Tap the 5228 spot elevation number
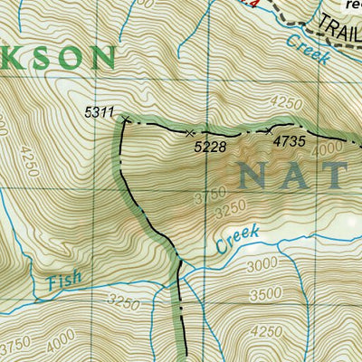[x=210, y=144]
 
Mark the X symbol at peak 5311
[x=125, y=119]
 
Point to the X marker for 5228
[x=189, y=133]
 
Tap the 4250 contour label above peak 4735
[x=284, y=101]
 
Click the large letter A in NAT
[x=302, y=173]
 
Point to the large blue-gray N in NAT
[x=256, y=173]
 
